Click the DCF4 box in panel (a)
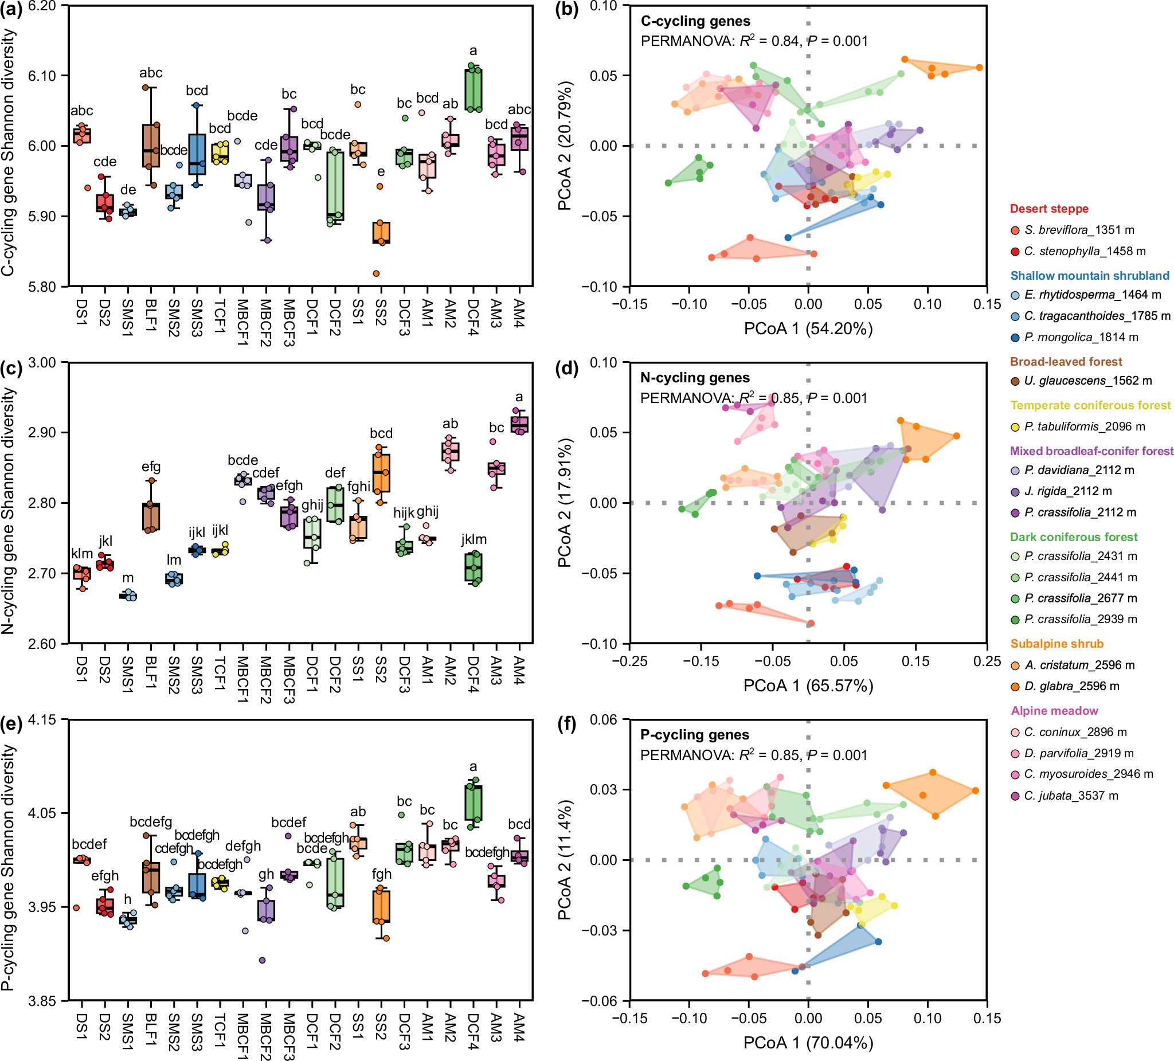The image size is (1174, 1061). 473,89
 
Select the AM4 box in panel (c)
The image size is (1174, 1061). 519,425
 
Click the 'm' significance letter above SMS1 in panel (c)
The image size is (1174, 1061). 128,578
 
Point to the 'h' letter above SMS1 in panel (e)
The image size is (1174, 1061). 127,900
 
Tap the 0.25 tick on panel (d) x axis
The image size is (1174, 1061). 987,661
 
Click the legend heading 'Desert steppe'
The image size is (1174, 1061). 1049,209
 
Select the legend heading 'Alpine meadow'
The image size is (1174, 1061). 1054,710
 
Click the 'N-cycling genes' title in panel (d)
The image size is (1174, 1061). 695,378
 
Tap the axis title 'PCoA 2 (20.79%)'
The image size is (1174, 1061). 565,146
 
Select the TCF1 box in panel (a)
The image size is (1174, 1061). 220,153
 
